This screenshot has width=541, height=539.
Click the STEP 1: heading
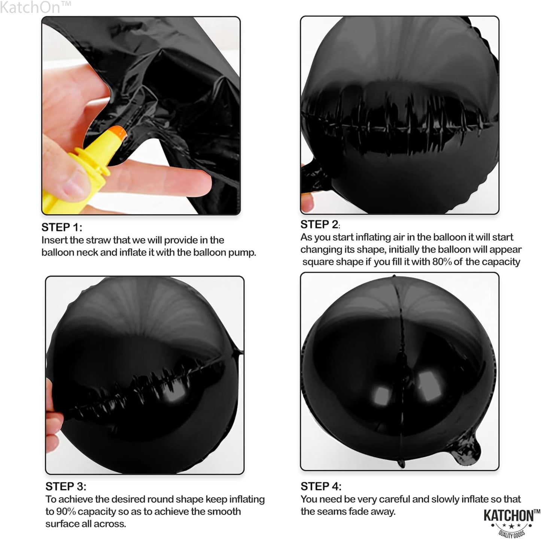[62, 227]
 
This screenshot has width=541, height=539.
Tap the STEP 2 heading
[320, 224]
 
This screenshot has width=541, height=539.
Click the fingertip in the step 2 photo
[307, 201]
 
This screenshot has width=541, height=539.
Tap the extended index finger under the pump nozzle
[168, 180]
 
